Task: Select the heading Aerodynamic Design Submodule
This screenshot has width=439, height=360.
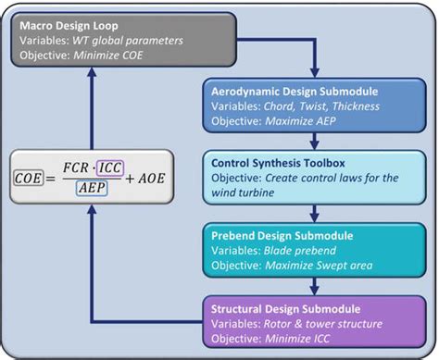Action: click(x=295, y=93)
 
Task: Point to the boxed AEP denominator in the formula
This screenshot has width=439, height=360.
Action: click(x=91, y=186)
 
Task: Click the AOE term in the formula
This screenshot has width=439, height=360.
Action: click(x=152, y=177)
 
